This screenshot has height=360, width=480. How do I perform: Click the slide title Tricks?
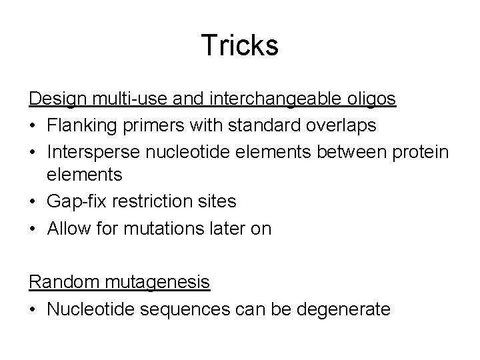239,45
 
